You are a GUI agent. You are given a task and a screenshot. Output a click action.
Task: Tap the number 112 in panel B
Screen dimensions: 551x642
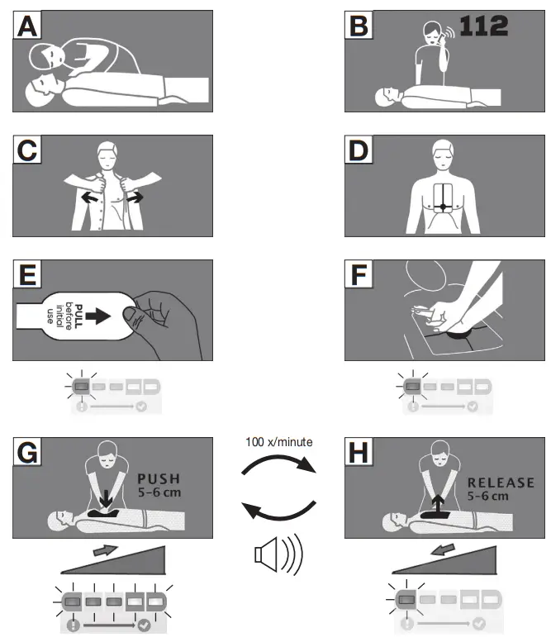pyautogui.click(x=483, y=26)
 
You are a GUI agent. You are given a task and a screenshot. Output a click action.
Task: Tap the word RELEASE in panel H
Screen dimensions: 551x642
pyautogui.click(x=501, y=482)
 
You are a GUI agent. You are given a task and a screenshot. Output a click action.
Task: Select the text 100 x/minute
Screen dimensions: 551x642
pyautogui.click(x=278, y=442)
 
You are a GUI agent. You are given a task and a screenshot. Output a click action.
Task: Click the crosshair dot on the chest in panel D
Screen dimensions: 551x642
pyautogui.click(x=444, y=205)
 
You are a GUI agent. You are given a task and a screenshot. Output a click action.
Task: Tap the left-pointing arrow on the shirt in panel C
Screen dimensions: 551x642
pyautogui.click(x=88, y=198)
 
